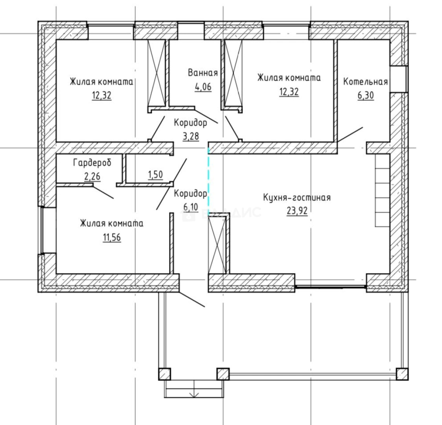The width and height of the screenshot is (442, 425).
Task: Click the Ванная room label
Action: click(203, 73)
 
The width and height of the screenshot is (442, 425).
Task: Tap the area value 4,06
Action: click(203, 87)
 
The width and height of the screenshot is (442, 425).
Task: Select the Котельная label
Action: click(366, 82)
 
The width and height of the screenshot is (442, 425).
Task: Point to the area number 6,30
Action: click(366, 96)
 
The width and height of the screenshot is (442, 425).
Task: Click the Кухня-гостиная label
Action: click(297, 198)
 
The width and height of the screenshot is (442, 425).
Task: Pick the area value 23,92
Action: click(297, 211)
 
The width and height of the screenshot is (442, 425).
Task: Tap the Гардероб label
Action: click(92, 163)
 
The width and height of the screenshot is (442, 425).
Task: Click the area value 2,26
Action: click(92, 177)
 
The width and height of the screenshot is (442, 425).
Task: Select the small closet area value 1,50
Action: click(156, 175)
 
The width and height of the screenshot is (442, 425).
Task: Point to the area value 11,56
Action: click(112, 237)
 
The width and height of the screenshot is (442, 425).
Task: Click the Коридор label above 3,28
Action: click(190, 123)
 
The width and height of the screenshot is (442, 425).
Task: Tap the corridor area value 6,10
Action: click(191, 207)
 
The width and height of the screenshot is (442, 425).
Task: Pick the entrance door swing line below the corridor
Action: click(192, 299)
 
